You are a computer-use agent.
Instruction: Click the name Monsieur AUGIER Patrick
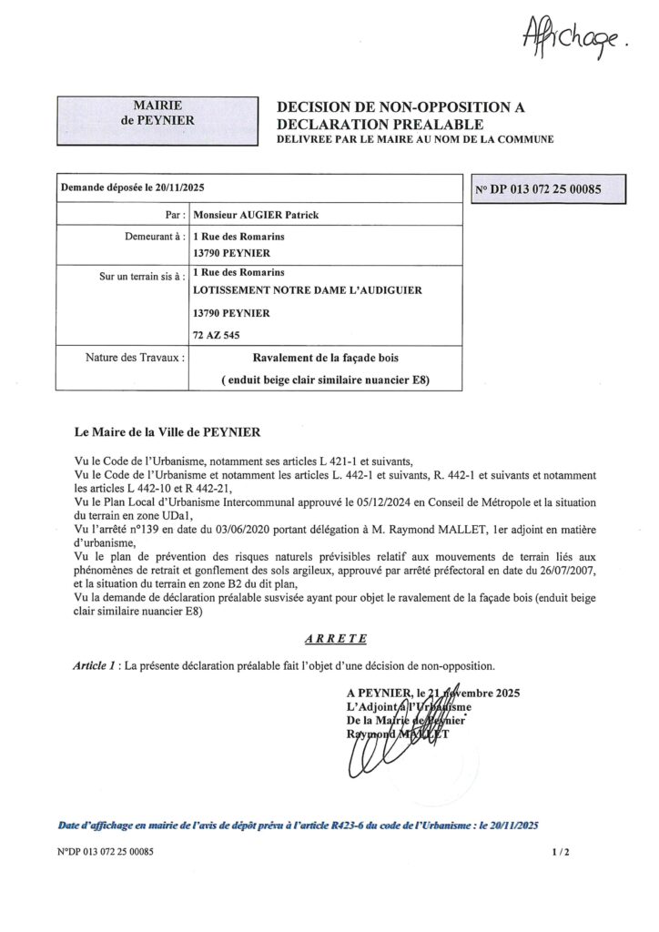pyautogui.click(x=257, y=215)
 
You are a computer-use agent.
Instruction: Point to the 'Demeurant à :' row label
pyautogui.click(x=155, y=237)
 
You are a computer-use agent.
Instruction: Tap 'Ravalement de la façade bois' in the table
pyautogui.click(x=325, y=359)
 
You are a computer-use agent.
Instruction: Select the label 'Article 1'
pyautogui.click(x=95, y=666)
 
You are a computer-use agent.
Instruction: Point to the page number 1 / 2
pyautogui.click(x=560, y=853)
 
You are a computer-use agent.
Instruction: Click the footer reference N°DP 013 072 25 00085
pyautogui.click(x=105, y=853)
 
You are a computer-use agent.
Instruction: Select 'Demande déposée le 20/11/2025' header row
pyautogui.click(x=133, y=187)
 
